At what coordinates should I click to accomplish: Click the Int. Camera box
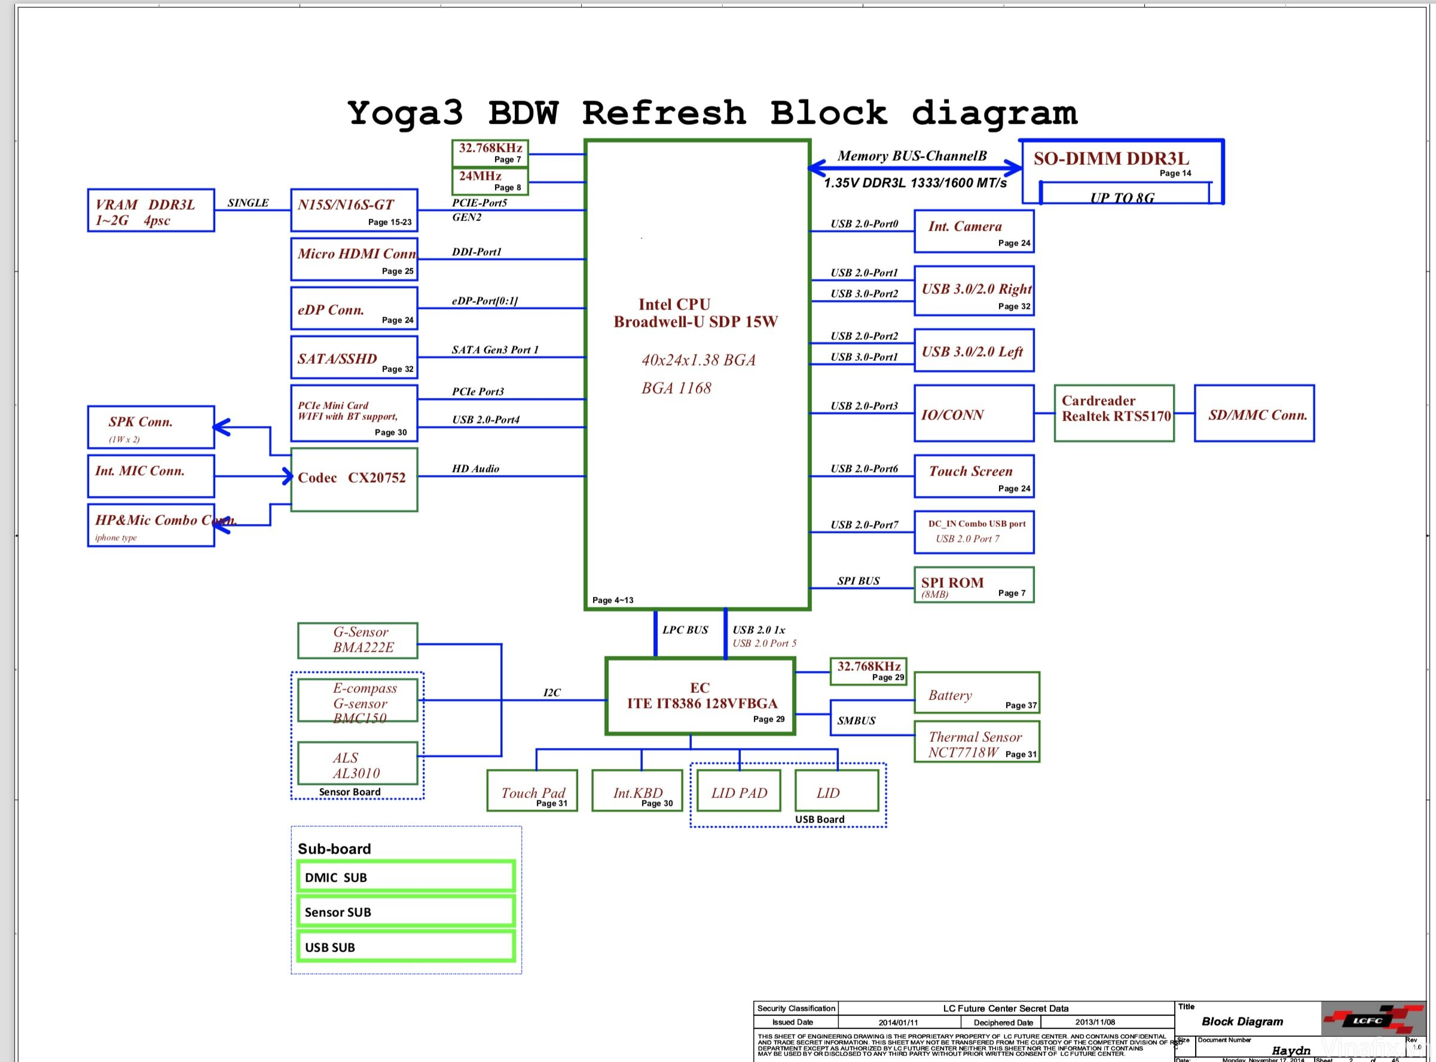coord(973,231)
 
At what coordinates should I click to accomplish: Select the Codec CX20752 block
coord(354,480)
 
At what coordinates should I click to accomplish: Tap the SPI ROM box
coord(973,585)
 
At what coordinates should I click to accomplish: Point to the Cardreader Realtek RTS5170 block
coord(1114,413)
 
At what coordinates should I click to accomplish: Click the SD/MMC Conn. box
coord(1254,413)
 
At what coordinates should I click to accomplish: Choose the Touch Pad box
coord(532,791)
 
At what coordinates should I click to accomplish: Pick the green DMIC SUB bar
coord(406,877)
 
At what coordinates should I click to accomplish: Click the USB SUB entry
coord(406,947)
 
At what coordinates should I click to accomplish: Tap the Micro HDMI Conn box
coord(354,260)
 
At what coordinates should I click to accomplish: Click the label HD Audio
coord(475,469)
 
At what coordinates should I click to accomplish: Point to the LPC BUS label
coord(685,630)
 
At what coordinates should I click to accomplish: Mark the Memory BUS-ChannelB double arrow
coord(914,168)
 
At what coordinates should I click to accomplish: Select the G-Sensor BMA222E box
coord(357,640)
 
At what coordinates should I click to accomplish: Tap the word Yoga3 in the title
coord(405,113)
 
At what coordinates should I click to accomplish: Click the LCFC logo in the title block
coord(1367,1020)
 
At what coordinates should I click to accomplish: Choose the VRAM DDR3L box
coord(151,210)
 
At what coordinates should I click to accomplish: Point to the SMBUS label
coord(856,720)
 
